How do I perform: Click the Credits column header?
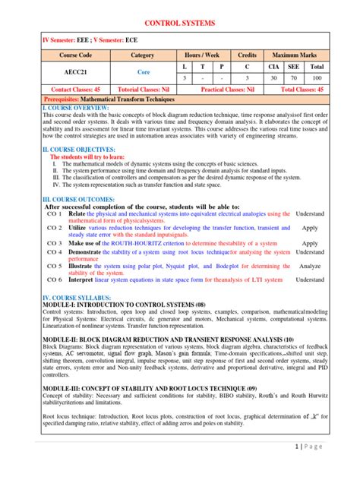click(247, 55)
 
